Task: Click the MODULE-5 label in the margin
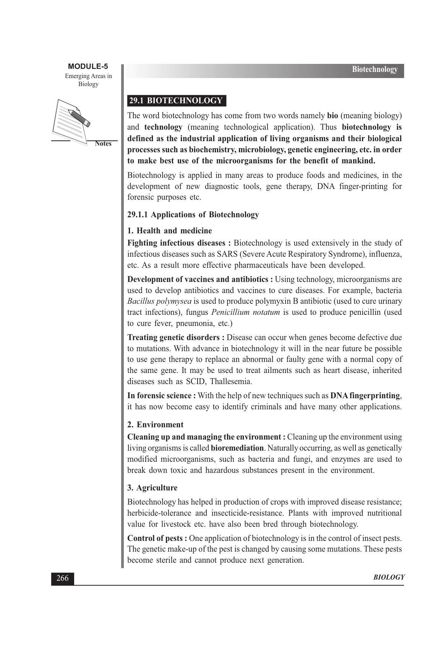(88, 67)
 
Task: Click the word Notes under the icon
(103, 144)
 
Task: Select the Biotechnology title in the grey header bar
(375, 70)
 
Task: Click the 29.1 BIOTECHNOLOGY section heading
(176, 101)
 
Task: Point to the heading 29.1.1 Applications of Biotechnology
(193, 215)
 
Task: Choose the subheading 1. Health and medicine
(169, 231)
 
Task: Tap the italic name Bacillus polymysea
(159, 301)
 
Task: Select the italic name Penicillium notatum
(245, 313)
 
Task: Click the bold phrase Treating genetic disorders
(176, 338)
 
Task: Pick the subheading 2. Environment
(155, 425)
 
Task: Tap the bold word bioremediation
(237, 448)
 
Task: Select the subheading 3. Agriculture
(152, 488)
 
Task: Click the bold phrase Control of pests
(157, 538)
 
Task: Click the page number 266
(62, 578)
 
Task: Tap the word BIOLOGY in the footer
(388, 578)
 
